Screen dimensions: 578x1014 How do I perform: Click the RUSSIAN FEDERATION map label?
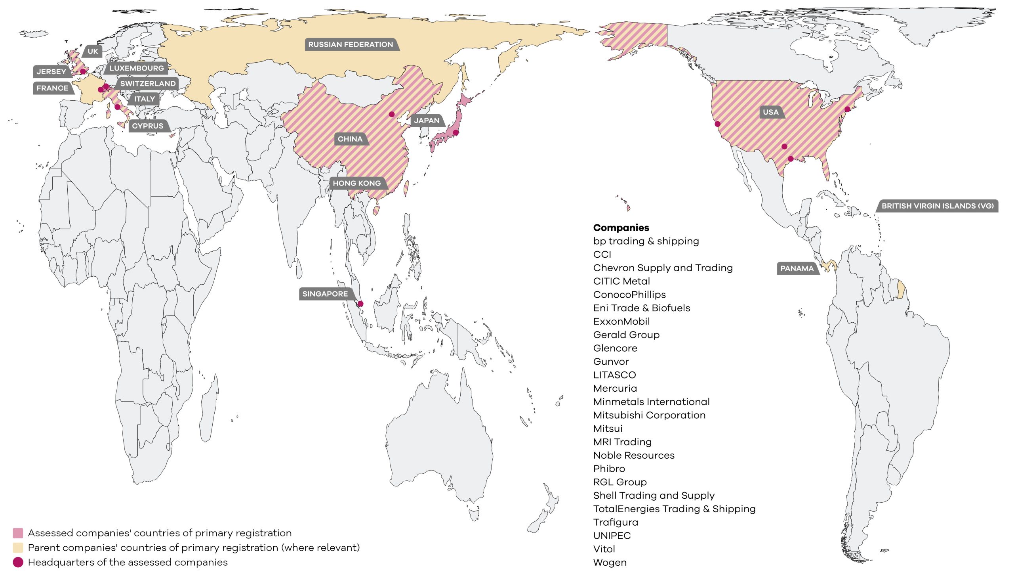pos(351,44)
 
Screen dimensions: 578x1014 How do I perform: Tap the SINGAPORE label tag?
pos(325,294)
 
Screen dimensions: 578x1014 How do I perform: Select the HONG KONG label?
pos(356,183)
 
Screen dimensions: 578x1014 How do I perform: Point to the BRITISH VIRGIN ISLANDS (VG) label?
pos(938,206)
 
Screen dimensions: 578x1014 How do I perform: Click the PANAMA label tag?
pos(797,268)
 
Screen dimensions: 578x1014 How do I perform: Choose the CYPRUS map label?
pos(147,126)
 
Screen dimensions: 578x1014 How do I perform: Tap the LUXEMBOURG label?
pos(136,68)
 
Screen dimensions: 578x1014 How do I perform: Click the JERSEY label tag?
pos(51,71)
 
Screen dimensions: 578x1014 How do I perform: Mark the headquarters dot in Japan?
pos(456,132)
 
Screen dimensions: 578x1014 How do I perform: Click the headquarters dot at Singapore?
pos(360,304)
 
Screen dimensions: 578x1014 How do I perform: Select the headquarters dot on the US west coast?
pos(717,124)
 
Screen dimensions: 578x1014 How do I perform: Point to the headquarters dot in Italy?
pos(117,107)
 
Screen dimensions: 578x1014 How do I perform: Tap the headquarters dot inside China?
pos(392,114)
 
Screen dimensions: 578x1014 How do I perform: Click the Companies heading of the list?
pos(621,228)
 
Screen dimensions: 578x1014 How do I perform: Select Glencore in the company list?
pos(615,348)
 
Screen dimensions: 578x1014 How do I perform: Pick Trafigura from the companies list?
pos(616,522)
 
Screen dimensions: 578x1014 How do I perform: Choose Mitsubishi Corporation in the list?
pos(649,415)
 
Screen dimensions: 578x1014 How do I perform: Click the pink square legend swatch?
pos(18,533)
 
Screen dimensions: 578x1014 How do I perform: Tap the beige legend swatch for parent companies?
pos(18,547)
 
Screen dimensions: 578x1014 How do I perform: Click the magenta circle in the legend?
pos(18,562)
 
